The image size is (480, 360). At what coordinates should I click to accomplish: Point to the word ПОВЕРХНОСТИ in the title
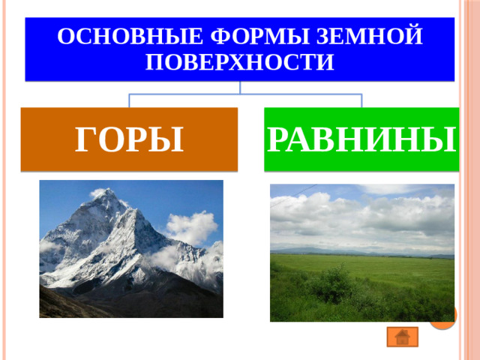pyautogui.click(x=239, y=61)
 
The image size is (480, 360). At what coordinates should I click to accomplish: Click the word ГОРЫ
pyautogui.click(x=129, y=139)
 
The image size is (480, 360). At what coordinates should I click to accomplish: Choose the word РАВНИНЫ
pyautogui.click(x=361, y=139)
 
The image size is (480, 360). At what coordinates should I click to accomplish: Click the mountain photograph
pyautogui.click(x=131, y=248)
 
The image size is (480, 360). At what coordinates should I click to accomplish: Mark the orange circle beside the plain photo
pyautogui.click(x=443, y=319)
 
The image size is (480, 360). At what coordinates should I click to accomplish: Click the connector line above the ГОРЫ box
pyautogui.click(x=130, y=100)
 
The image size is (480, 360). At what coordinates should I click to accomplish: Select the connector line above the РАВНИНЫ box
pyautogui.click(x=361, y=100)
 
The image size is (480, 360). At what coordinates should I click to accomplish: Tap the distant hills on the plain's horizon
pyautogui.click(x=300, y=250)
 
